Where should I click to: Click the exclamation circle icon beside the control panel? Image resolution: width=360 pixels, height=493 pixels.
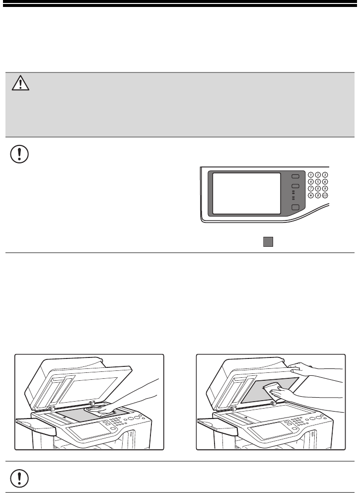tap(19, 154)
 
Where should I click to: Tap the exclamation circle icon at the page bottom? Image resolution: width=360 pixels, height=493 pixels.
tap(19, 477)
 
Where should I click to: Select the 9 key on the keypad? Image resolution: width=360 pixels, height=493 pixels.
tap(325, 189)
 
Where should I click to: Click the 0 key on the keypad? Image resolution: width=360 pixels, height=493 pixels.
tap(318, 196)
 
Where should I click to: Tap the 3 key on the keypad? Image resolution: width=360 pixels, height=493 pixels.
tap(325, 175)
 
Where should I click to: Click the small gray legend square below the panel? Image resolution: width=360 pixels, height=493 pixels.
tap(268, 241)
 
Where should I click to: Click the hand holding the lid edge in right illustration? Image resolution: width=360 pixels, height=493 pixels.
tap(298, 367)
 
